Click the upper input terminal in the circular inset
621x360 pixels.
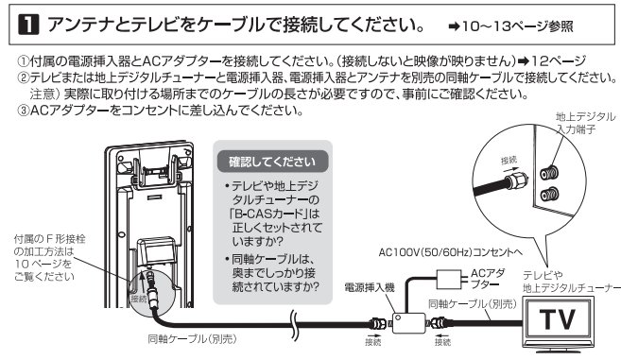tap(545, 175)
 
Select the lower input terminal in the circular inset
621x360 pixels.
tap(545, 199)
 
